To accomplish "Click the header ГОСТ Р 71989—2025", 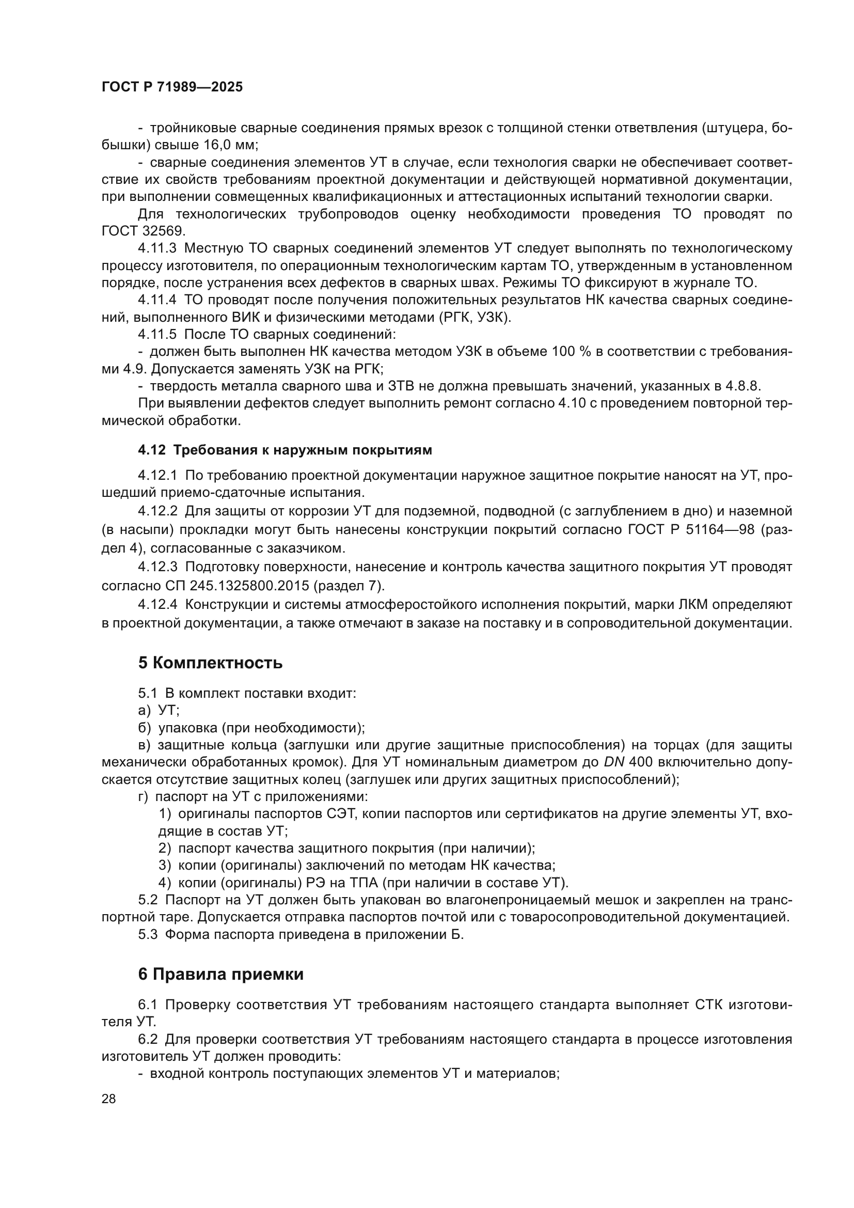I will pyautogui.click(x=172, y=87).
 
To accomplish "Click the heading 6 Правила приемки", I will pyautogui.click(x=221, y=975).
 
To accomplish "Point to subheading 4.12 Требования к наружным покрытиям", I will pyautogui.click(x=285, y=450).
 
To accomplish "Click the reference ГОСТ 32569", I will pyautogui.click(x=143, y=231).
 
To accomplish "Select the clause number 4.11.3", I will pyautogui.click(x=157, y=248).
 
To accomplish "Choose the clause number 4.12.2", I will pyautogui.click(x=157, y=511).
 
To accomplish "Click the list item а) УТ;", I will pyautogui.click(x=159, y=711).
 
